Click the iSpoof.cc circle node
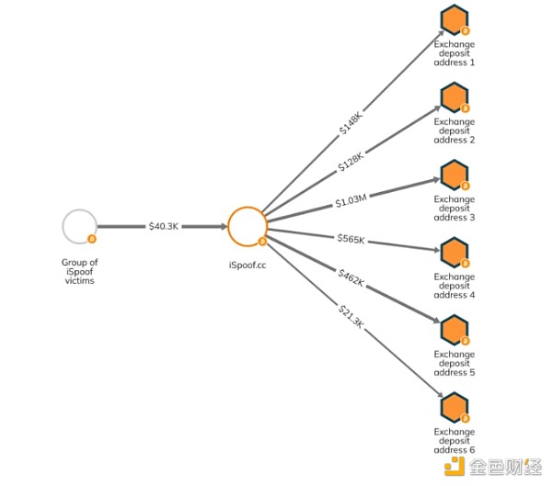(247, 225)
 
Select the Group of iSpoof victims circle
(79, 226)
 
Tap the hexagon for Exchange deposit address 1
(454, 18)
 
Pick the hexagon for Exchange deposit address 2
(454, 96)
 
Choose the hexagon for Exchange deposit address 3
(454, 175)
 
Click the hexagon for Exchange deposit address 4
(454, 252)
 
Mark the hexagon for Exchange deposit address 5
(454, 330)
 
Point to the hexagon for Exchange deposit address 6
(454, 408)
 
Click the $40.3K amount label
(164, 226)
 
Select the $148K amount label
(351, 123)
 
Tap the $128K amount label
(351, 162)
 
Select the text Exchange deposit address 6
(454, 440)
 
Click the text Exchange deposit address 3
(454, 208)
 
